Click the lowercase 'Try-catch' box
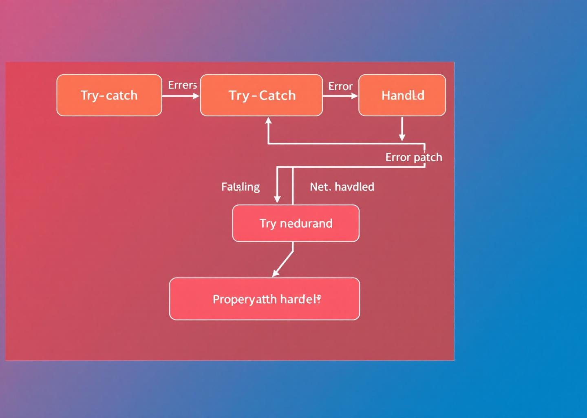point(109,95)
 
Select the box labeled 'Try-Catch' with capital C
point(261,95)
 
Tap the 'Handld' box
point(402,95)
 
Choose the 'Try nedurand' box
point(296,223)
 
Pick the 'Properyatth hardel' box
point(265,299)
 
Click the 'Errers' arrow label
point(182,85)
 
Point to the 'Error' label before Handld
point(340,86)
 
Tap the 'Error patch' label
point(413,157)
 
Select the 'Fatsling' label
point(240,187)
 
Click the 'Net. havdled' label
point(342,187)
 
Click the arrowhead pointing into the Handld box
point(355,96)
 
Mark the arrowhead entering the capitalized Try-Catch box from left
point(196,96)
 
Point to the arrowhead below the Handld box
point(402,138)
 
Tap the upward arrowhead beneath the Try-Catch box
point(268,120)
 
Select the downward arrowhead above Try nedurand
point(277,199)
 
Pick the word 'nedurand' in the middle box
point(306,223)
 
